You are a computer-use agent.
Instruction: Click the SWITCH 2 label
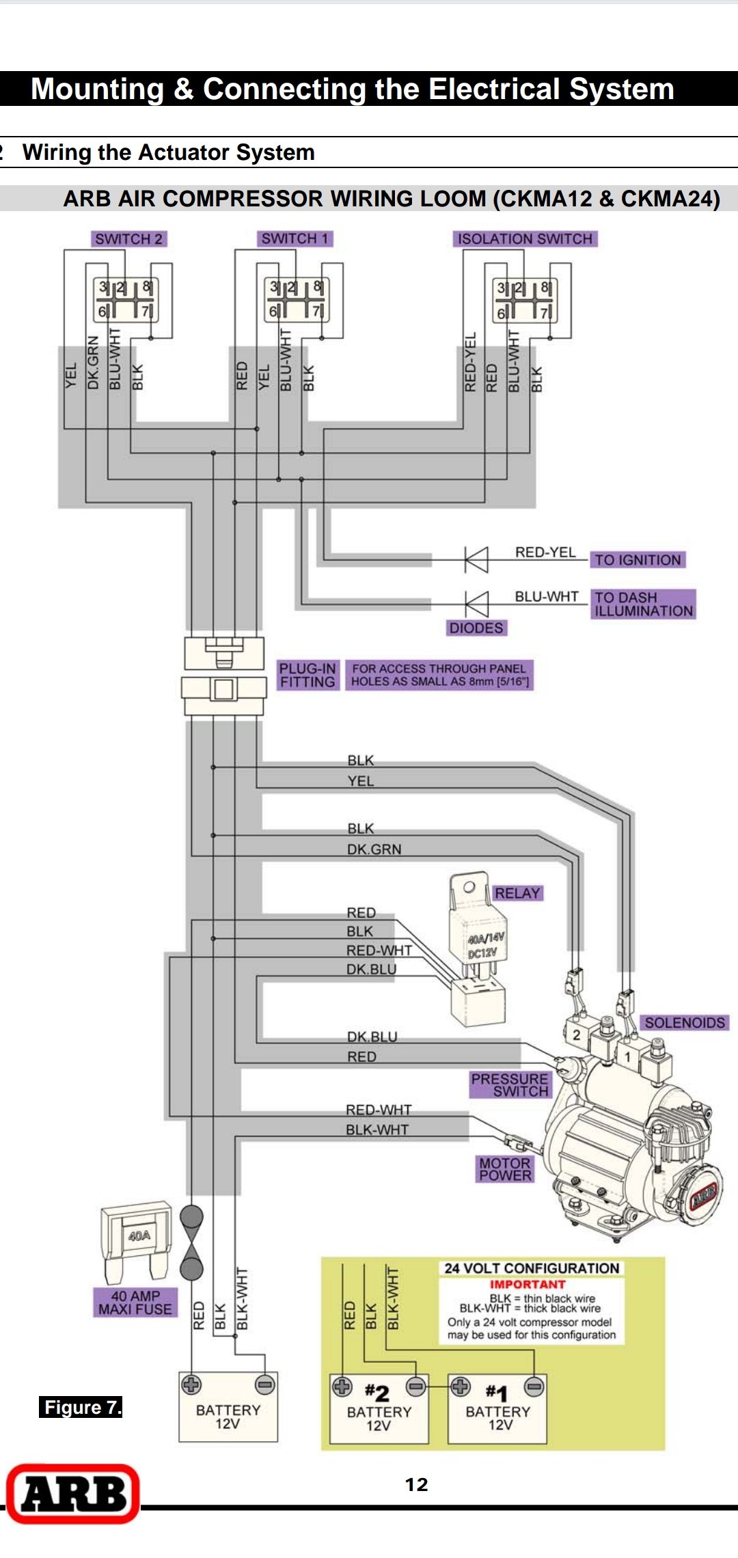click(128, 238)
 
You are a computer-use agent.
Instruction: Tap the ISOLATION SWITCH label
click(524, 238)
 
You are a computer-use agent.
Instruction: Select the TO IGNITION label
click(637, 560)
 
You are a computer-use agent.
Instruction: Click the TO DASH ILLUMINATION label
click(643, 604)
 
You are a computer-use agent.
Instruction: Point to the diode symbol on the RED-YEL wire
click(476, 560)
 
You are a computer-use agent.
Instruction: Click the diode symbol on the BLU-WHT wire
click(476, 604)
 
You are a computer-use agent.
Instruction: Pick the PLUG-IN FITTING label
click(307, 675)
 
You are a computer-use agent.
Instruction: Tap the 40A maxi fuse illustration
click(137, 1240)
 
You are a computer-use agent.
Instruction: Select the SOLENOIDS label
click(685, 1022)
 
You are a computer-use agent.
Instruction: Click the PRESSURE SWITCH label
click(510, 1084)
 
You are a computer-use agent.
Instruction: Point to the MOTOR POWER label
click(504, 1169)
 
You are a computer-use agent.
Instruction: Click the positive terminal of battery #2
click(342, 1386)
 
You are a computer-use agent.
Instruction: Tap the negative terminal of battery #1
click(534, 1386)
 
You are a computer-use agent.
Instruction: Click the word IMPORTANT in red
click(527, 1285)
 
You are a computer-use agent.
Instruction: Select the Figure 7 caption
click(81, 1408)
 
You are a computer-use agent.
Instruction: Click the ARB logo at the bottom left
click(73, 1494)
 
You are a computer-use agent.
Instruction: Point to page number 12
click(416, 1485)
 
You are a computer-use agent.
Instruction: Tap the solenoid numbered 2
click(576, 1035)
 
